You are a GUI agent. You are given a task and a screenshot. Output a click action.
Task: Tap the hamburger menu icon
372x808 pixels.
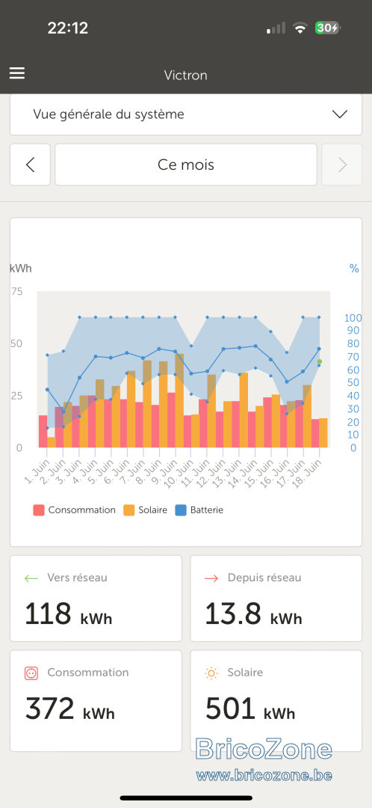pos(17,73)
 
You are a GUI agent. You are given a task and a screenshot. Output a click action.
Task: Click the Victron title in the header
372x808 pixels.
pos(186,76)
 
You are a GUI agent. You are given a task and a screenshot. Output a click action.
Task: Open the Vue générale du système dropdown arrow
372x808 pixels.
pos(340,114)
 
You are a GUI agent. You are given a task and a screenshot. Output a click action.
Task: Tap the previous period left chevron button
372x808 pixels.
pos(31,165)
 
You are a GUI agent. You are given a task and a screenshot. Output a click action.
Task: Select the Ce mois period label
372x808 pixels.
pos(186,165)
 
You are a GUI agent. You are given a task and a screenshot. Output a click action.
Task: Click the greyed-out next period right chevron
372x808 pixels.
pos(342,165)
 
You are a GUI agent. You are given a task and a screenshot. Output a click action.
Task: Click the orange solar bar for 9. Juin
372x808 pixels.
pos(179,400)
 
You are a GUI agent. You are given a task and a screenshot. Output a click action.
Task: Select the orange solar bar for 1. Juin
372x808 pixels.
pos(52,442)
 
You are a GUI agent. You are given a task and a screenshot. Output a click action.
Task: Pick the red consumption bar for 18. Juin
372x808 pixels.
pos(315,433)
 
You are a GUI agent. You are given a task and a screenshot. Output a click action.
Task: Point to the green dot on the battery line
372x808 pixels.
pos(320,362)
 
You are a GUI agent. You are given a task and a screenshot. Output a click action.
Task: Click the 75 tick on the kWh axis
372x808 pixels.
pos(17,292)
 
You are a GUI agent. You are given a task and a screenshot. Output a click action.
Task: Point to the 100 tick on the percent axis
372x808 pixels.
pos(353,317)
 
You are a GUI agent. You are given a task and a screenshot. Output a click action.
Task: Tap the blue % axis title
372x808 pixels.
pos(354,269)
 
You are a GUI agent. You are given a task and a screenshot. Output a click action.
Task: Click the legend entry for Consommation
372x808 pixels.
pos(74,510)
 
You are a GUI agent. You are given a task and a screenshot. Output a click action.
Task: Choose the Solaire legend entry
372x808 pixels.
pos(145,510)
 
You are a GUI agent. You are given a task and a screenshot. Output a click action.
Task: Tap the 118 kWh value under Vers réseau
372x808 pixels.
pos(69,614)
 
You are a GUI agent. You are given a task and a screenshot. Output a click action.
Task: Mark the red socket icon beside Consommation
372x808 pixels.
pos(31,673)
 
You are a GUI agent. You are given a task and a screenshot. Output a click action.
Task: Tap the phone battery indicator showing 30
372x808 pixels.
pos(328,28)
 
